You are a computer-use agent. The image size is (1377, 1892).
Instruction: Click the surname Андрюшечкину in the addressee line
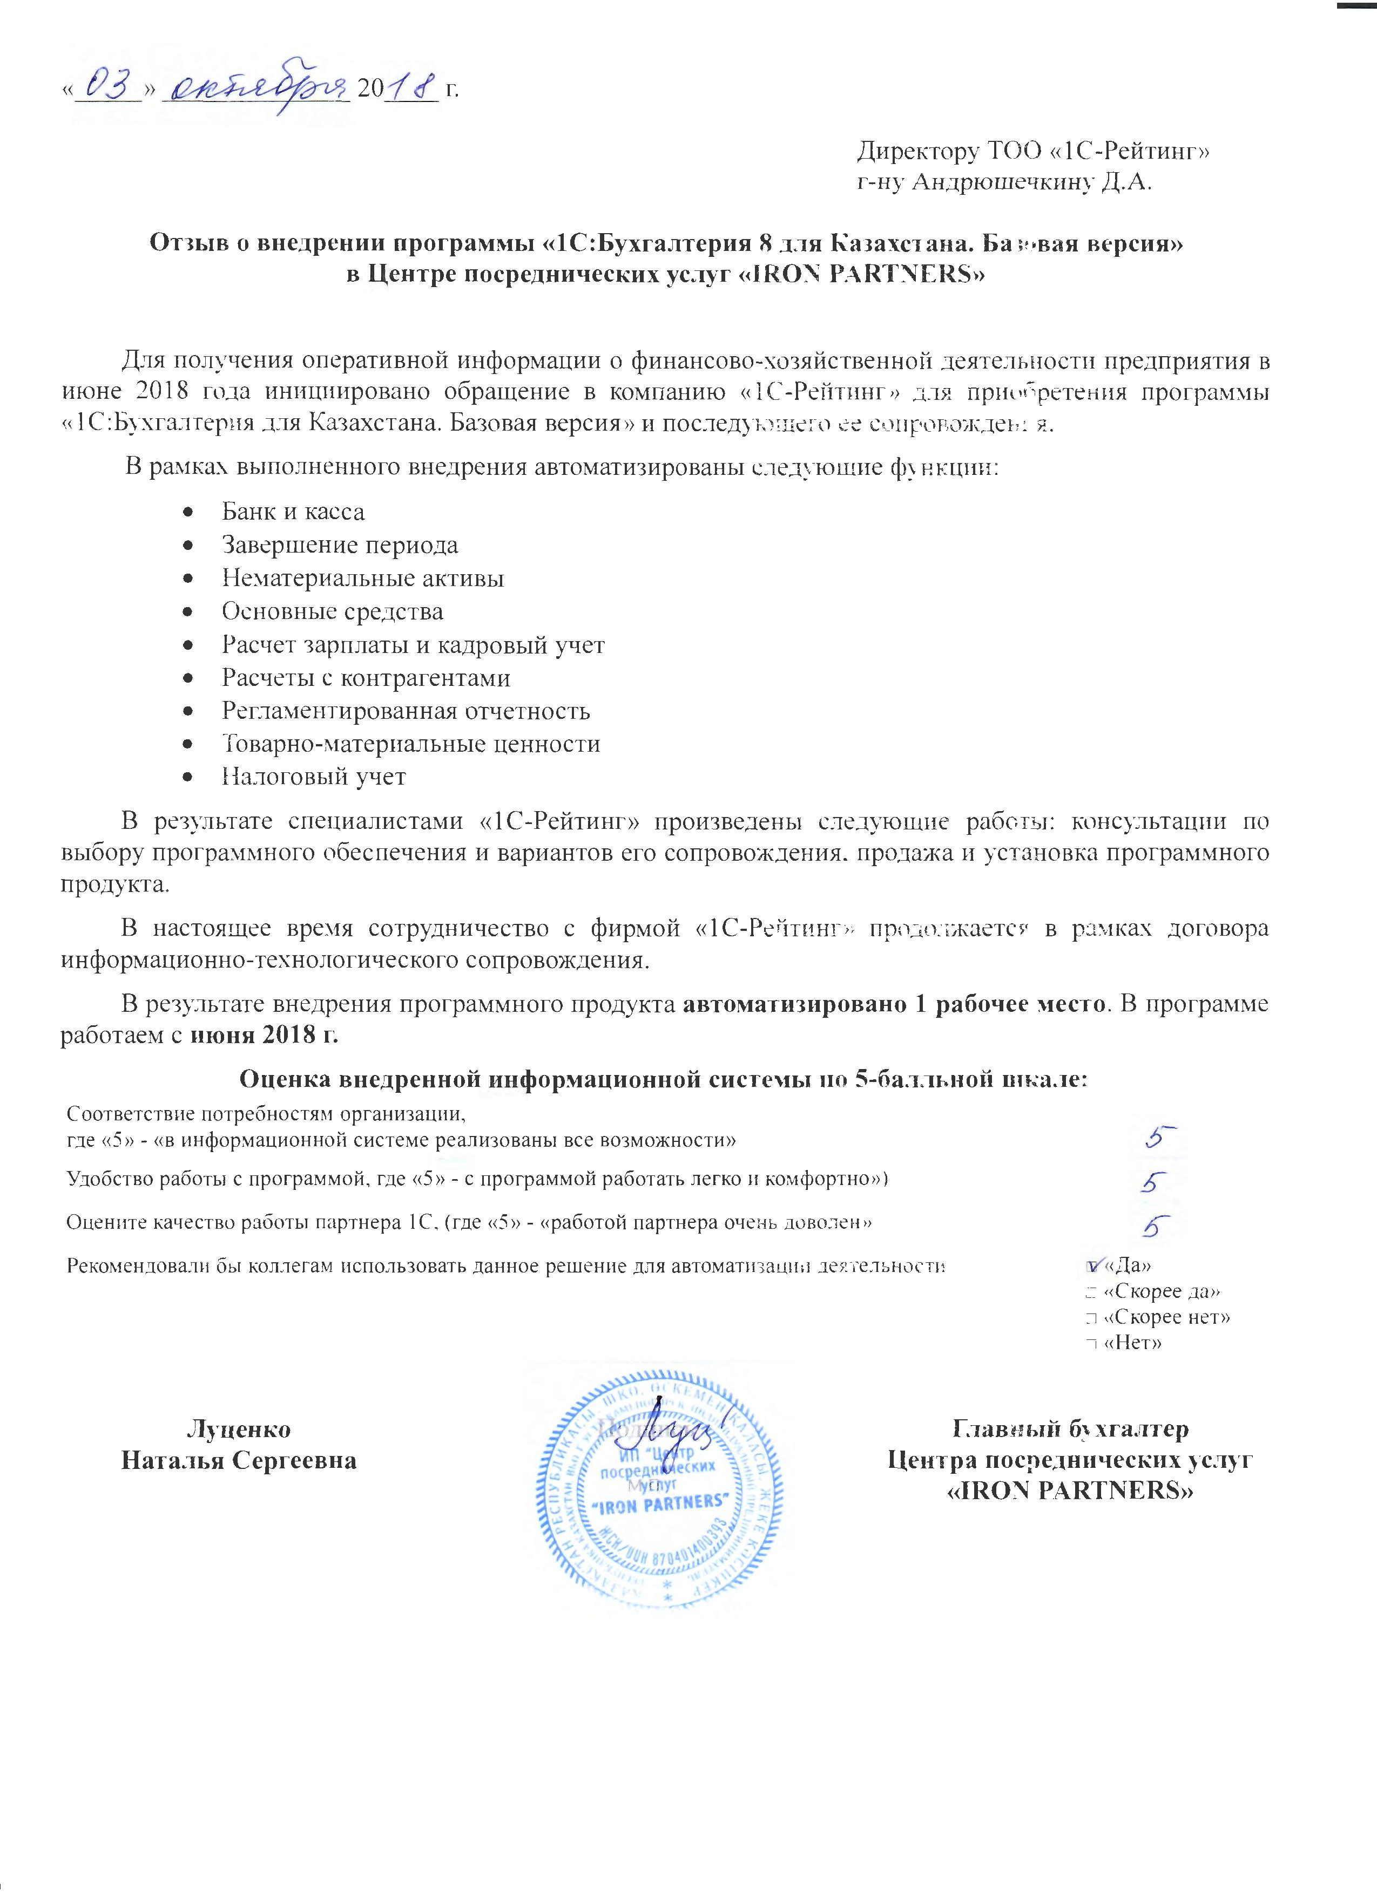[1002, 182]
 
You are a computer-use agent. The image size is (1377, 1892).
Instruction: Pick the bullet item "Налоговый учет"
[314, 777]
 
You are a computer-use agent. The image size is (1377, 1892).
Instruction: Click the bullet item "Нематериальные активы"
[362, 578]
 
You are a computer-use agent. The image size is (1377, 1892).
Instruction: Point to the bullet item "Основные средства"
[332, 611]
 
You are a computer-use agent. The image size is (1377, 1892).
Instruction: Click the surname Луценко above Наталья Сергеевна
[239, 1429]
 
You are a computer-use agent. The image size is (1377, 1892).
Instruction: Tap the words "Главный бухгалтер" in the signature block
[1071, 1429]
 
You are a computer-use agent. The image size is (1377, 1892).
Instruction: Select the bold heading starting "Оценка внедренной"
[664, 1080]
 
